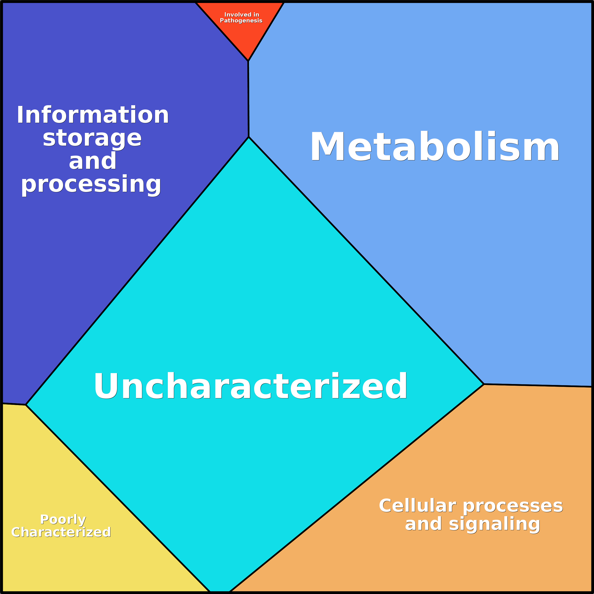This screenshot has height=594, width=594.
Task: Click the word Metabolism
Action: click(435, 146)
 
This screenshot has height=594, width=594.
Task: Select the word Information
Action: click(93, 115)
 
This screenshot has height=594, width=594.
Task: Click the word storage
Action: click(92, 138)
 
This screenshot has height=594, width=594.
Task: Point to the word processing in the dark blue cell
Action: click(91, 184)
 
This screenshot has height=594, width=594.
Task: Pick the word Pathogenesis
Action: click(241, 21)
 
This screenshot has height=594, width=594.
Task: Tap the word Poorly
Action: click(63, 519)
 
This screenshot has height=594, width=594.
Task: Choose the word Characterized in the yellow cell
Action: click(61, 532)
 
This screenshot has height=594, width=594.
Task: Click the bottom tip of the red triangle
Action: click(248, 61)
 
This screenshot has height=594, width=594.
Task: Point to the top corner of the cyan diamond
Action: click(249, 137)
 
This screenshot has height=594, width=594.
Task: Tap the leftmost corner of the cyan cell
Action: click(26, 405)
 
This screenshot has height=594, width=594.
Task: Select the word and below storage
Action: click(92, 161)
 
